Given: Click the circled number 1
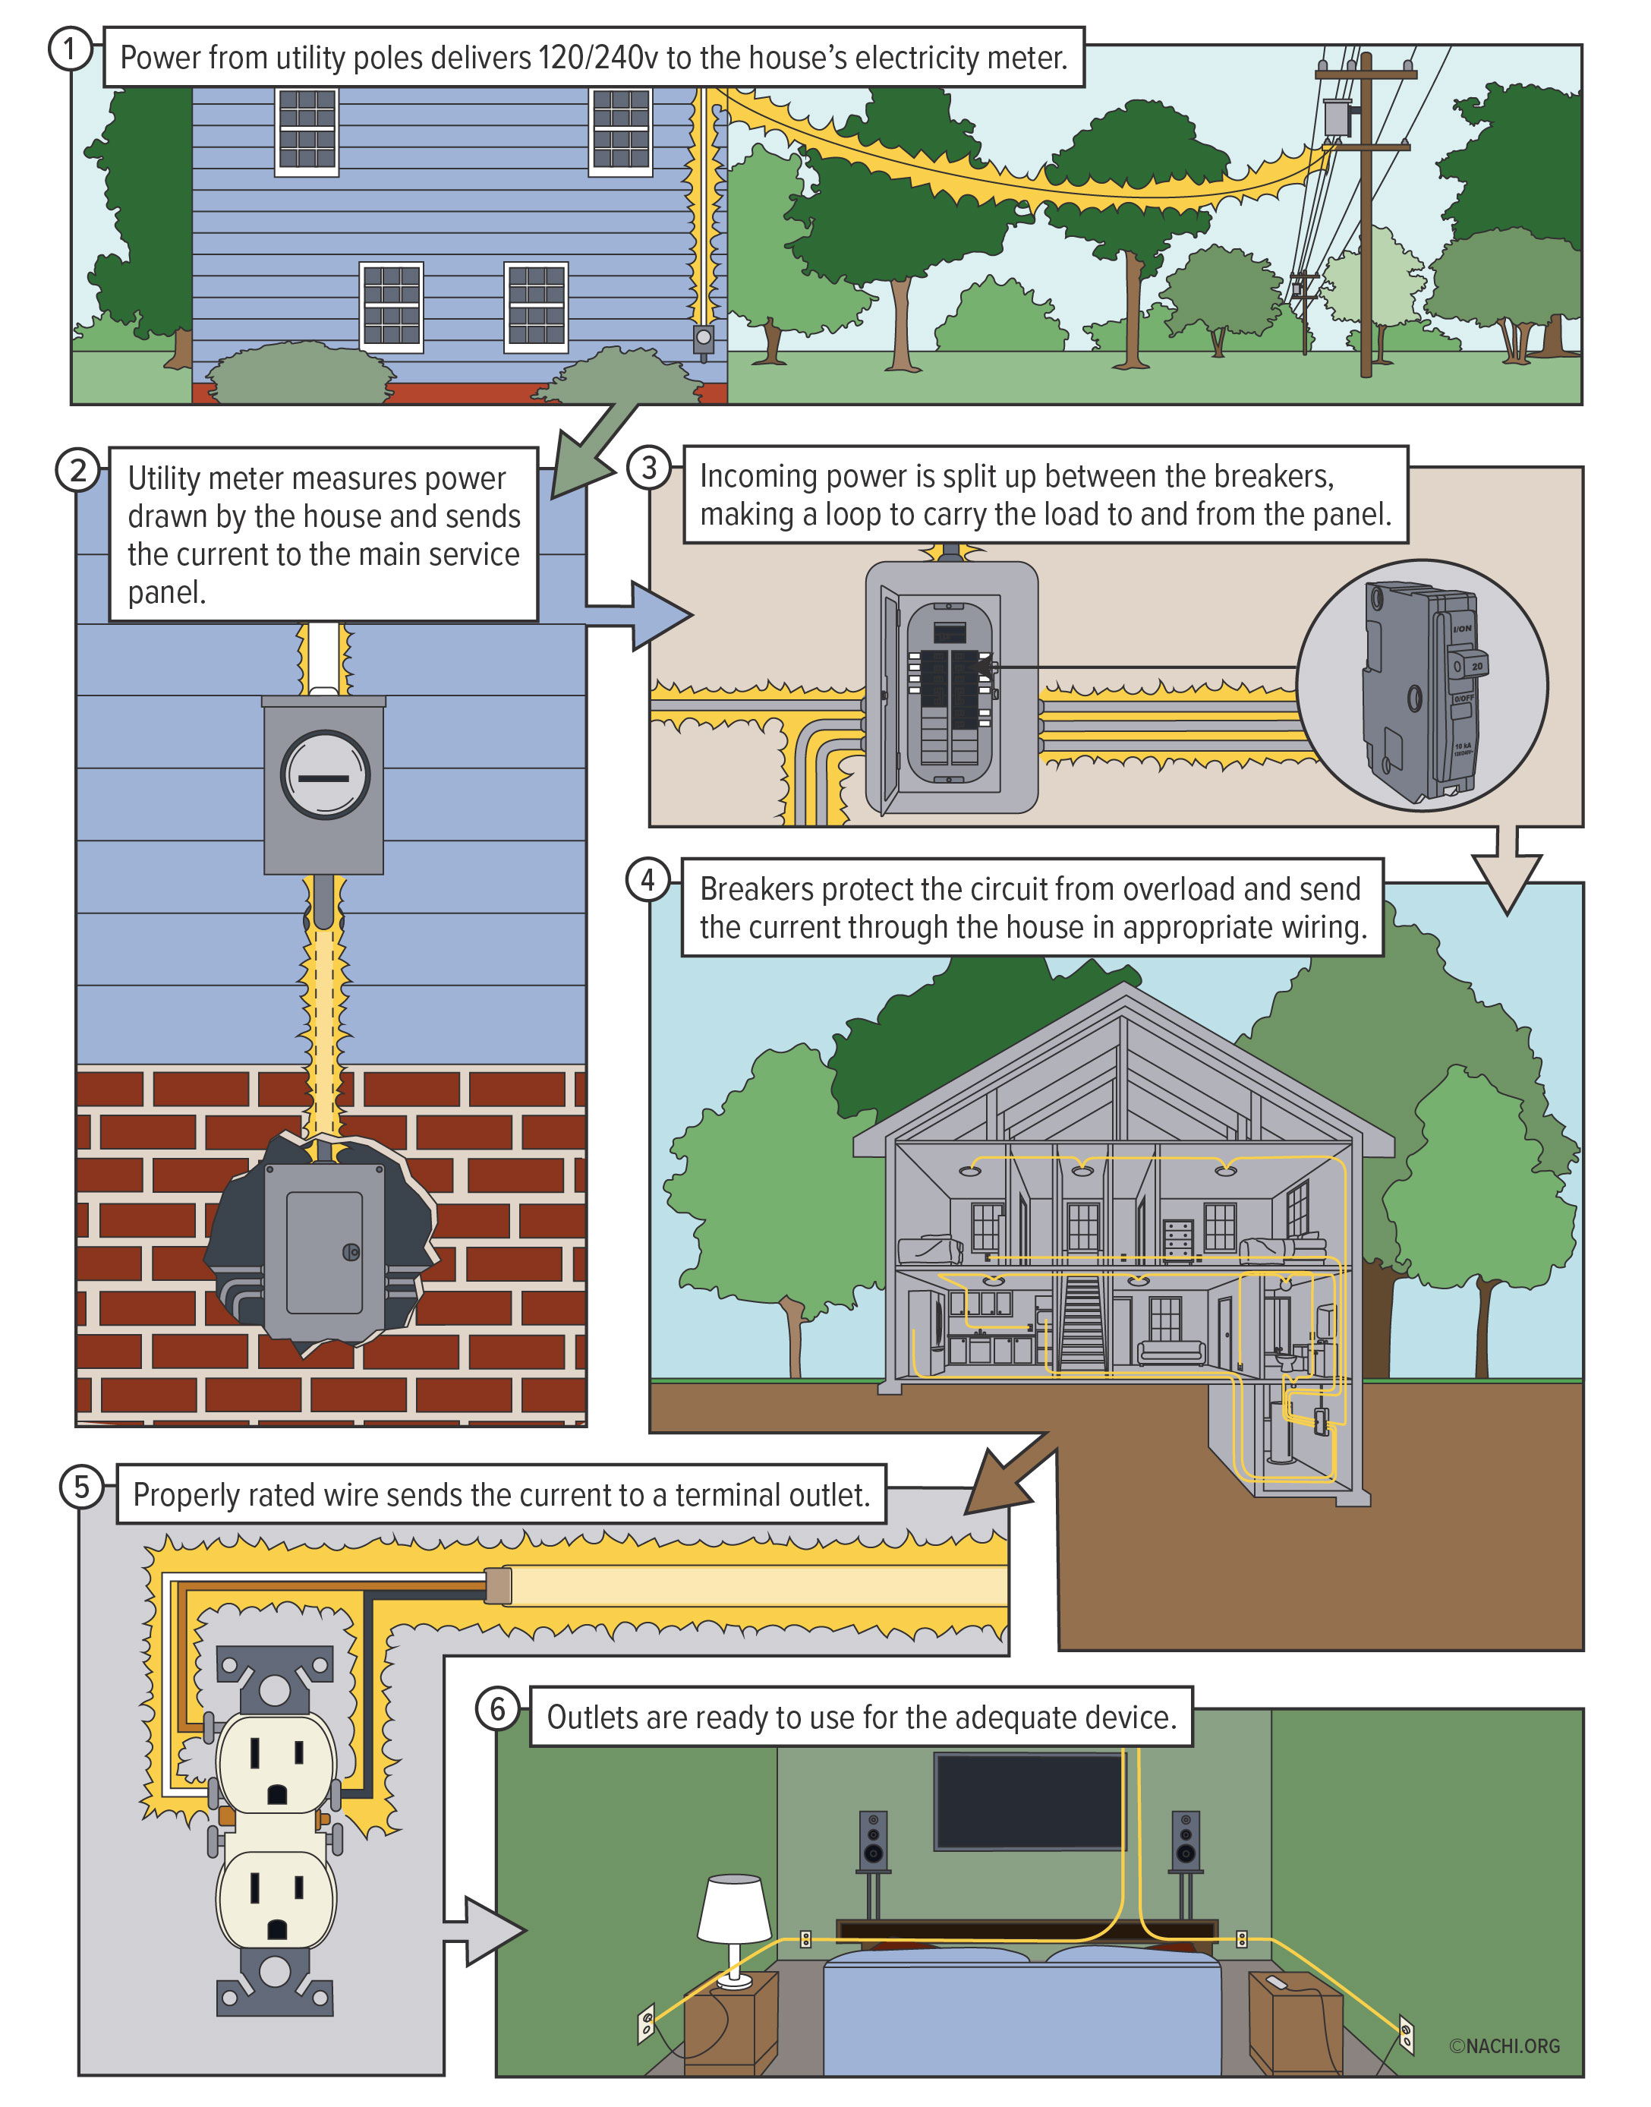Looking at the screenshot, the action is pyautogui.click(x=68, y=49).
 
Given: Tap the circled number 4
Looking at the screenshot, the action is pyautogui.click(x=647, y=880).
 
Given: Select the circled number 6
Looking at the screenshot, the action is pyautogui.click(x=498, y=1708).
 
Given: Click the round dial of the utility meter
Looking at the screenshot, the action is pyautogui.click(x=325, y=775).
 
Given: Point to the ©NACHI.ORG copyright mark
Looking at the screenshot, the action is pyautogui.click(x=1504, y=2046).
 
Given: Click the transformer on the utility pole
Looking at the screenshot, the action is pyautogui.click(x=1337, y=117).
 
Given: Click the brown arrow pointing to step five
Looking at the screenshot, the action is pyautogui.click(x=1005, y=1478).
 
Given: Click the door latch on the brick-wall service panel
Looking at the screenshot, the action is pyautogui.click(x=352, y=1252).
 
